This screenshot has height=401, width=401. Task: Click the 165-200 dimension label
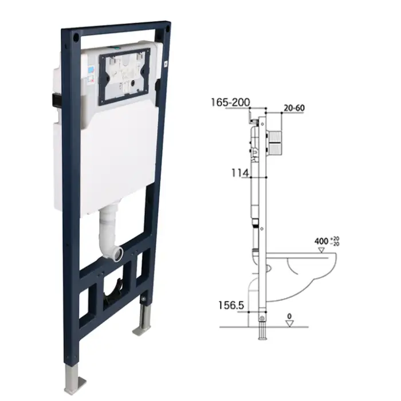(229, 103)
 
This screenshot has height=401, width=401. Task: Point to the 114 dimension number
(240, 172)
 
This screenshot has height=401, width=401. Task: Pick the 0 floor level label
(290, 316)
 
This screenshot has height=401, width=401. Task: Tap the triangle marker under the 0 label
(290, 324)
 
